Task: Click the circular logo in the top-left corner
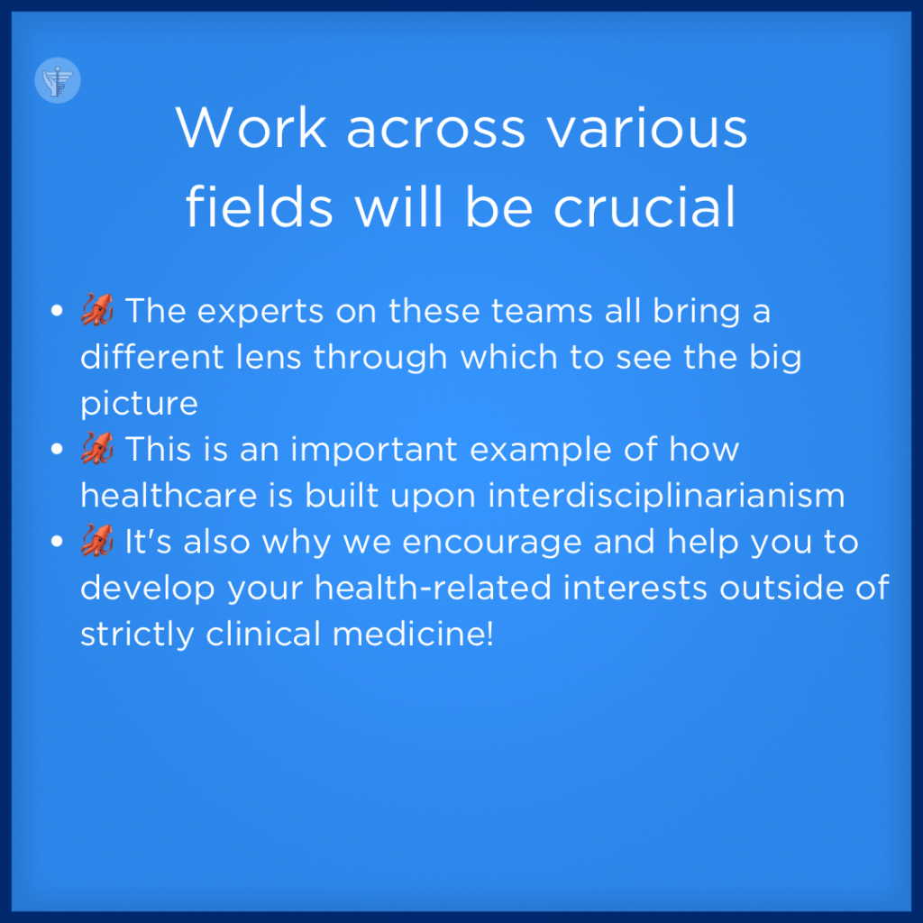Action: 58,80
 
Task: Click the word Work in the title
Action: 251,127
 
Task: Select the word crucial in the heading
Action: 644,206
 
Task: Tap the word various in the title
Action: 647,128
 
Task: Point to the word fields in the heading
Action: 260,206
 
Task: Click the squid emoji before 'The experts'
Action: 97,310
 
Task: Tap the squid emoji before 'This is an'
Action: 97,449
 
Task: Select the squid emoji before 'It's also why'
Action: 97,541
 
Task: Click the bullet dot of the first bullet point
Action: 57,310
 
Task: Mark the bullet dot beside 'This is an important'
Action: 57,449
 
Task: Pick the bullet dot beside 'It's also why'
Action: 57,541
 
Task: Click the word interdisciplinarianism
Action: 666,495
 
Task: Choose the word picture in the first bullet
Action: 139,405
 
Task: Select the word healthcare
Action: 169,495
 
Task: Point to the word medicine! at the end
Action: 413,634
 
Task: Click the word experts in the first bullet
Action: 260,312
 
